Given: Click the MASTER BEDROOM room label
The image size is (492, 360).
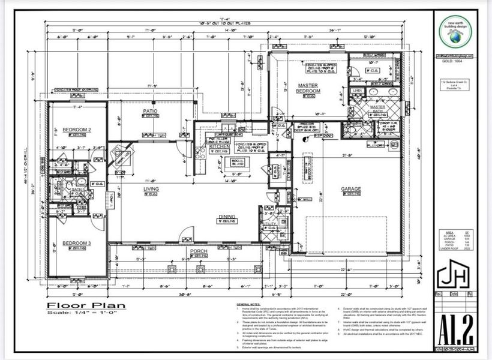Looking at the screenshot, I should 309,88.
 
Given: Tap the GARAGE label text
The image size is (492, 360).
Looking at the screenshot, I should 352,189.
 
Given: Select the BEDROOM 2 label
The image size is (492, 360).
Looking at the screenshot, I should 77,130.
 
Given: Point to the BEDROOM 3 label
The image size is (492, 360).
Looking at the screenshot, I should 77,243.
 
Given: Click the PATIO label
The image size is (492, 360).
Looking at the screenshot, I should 149,111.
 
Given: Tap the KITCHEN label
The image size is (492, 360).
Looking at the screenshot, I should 220,146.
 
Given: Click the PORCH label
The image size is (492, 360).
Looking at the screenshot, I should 198,251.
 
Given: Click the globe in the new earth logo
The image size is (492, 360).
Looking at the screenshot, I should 454,36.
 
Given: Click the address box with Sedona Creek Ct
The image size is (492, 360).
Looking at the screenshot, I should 454,85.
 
